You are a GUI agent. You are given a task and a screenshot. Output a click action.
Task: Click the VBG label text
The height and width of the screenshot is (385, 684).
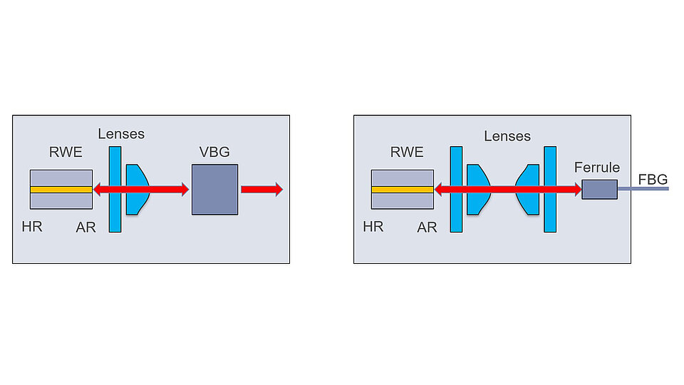click(x=214, y=151)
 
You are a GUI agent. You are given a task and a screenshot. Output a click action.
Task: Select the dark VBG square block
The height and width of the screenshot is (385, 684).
click(x=214, y=190)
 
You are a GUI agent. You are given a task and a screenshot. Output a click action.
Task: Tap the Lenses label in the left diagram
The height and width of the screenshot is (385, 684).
click(x=121, y=133)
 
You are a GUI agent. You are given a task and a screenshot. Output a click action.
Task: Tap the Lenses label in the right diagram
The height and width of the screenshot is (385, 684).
click(x=507, y=135)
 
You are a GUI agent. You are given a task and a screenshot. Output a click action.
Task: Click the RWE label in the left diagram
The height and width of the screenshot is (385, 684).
click(x=66, y=151)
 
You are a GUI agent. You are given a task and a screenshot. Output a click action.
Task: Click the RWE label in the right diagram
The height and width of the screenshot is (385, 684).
click(x=407, y=151)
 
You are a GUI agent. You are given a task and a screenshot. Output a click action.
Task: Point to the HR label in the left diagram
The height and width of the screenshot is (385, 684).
click(x=33, y=227)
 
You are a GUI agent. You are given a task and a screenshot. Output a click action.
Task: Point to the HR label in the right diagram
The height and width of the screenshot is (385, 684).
click(x=373, y=227)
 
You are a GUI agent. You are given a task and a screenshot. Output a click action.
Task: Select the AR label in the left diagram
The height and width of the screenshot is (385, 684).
click(x=86, y=227)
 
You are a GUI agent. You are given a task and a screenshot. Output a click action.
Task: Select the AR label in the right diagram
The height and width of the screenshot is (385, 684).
click(x=427, y=227)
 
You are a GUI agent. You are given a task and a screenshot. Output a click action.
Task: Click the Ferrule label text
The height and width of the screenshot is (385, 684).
click(x=597, y=168)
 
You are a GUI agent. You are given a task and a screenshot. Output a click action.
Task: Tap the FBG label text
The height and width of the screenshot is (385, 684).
click(x=653, y=179)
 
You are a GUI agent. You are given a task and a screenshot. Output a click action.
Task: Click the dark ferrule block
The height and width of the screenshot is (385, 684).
click(x=599, y=190)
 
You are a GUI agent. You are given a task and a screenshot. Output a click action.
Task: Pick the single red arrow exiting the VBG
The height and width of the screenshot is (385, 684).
click(x=261, y=190)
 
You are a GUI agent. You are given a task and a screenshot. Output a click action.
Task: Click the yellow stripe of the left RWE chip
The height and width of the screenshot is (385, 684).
click(x=61, y=190)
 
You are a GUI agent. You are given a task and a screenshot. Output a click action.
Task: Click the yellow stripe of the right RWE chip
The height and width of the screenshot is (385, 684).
click(x=402, y=190)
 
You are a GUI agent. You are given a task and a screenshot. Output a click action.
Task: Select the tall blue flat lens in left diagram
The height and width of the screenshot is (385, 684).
click(x=115, y=210)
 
